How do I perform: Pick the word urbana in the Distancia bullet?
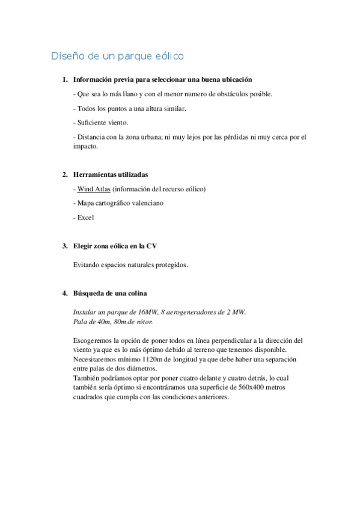(x=145, y=137)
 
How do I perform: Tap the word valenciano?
(x=147, y=203)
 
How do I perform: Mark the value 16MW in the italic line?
(x=147, y=312)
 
